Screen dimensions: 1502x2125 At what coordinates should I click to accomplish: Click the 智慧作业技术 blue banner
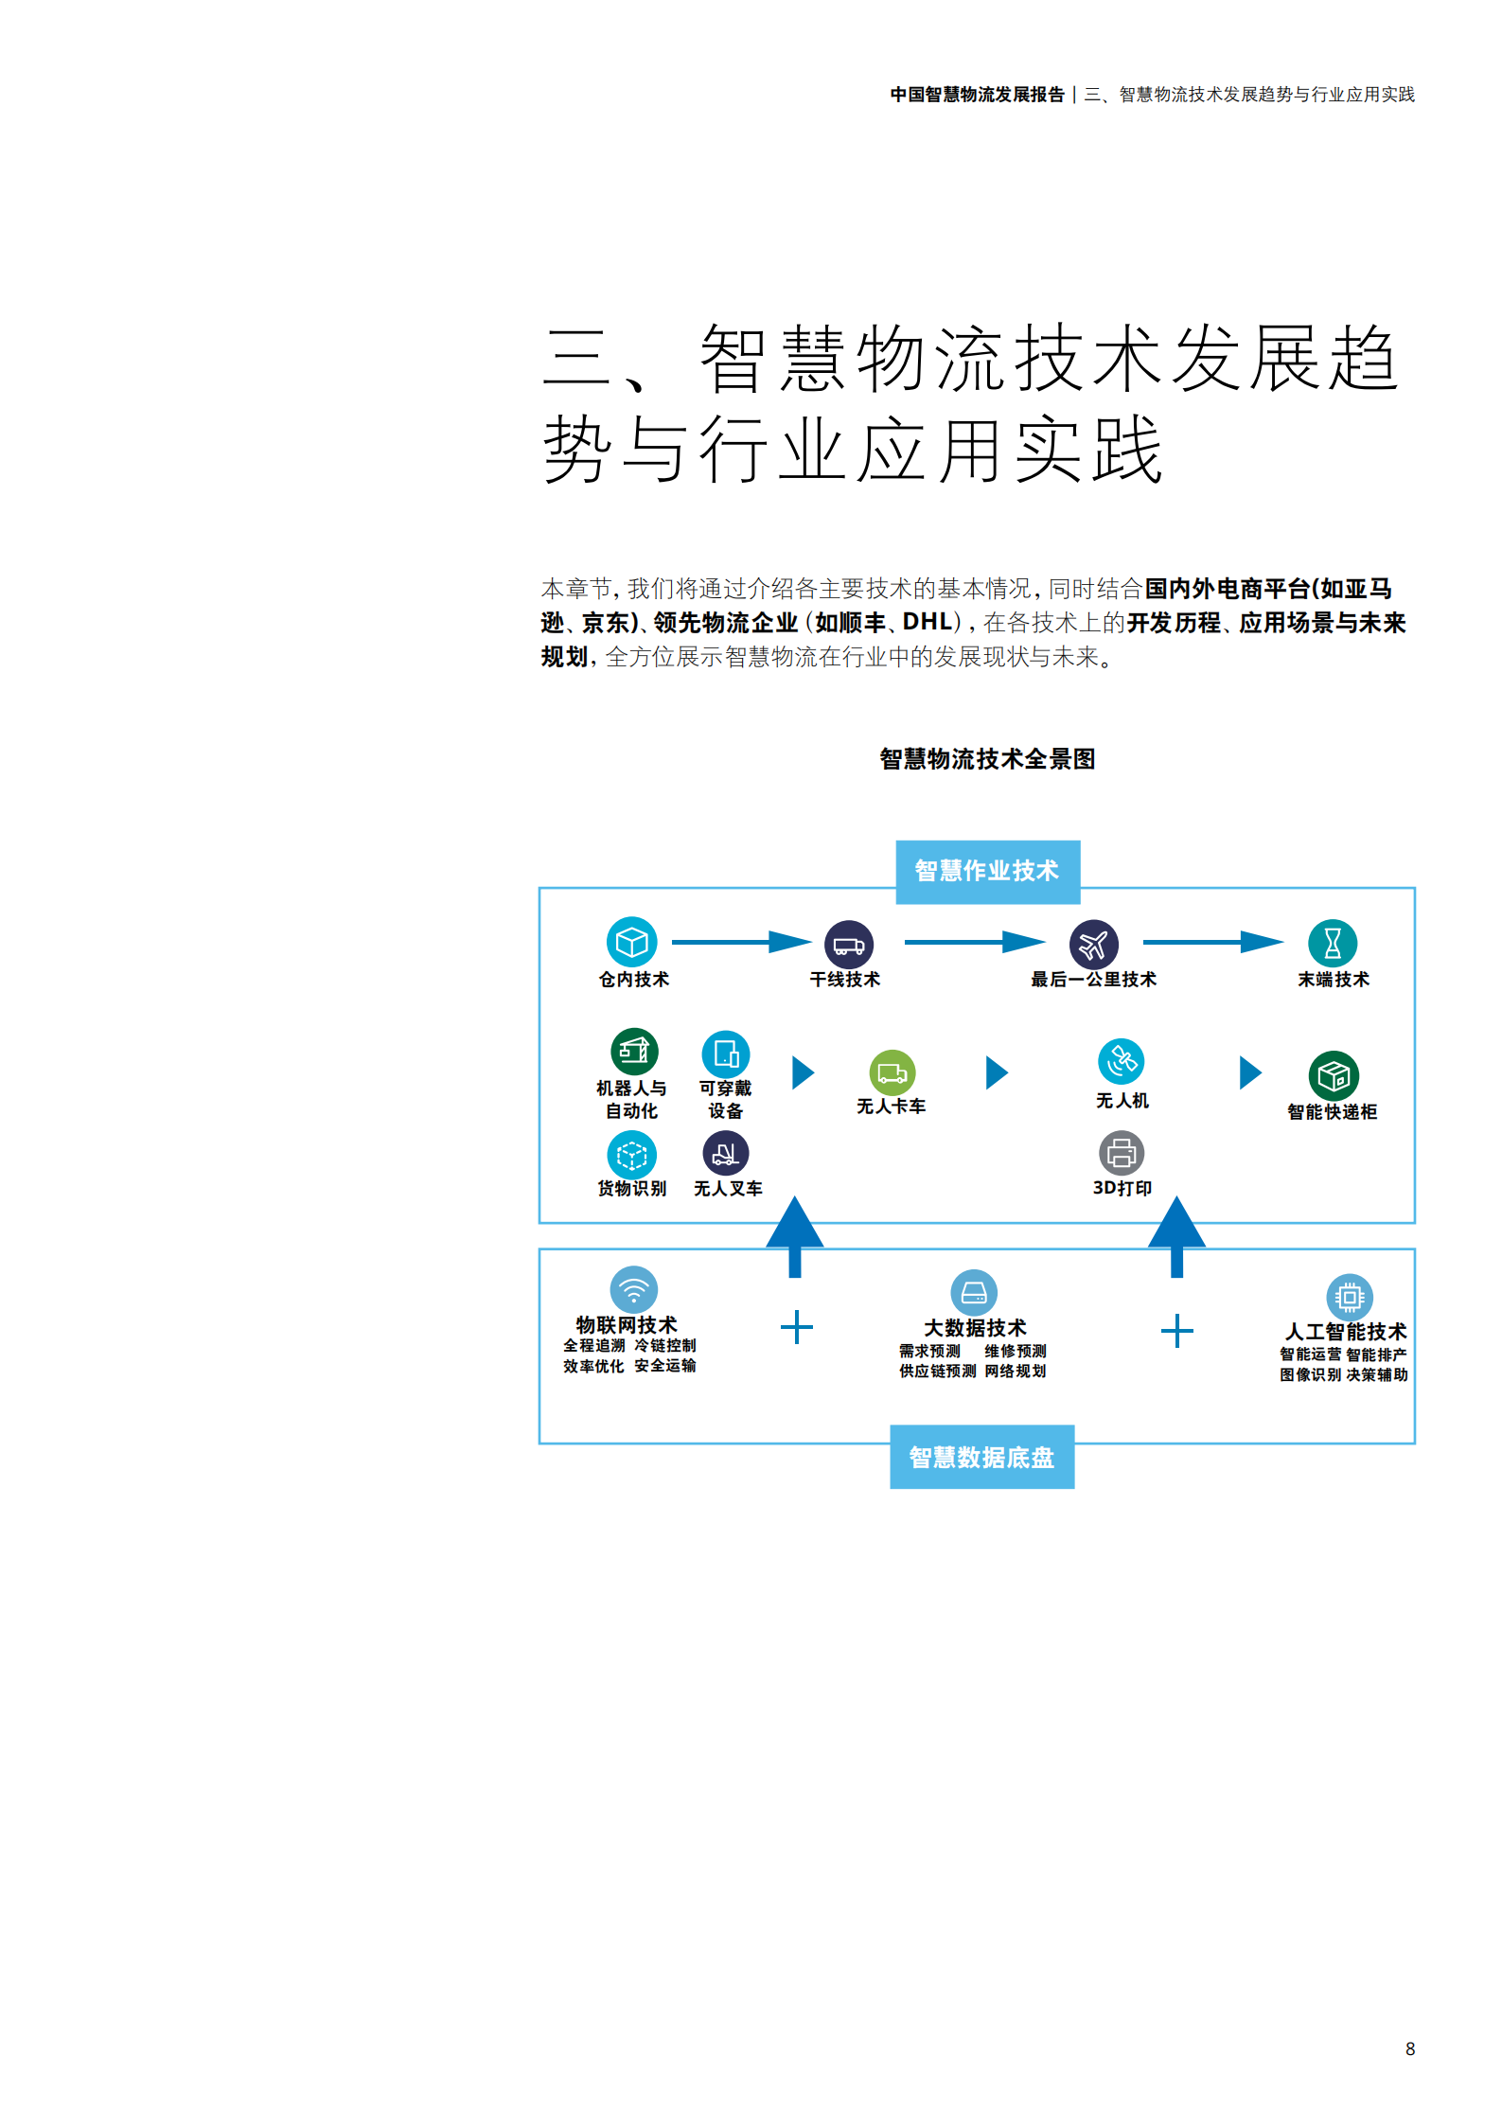[987, 871]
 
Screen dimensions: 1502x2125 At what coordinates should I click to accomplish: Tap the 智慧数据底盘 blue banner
[981, 1457]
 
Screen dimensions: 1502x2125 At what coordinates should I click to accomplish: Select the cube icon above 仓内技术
[631, 942]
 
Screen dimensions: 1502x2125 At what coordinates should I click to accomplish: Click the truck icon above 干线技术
[848, 944]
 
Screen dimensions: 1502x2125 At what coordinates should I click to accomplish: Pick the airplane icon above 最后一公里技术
[1093, 944]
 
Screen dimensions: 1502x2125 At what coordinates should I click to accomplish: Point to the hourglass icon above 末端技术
[1333, 943]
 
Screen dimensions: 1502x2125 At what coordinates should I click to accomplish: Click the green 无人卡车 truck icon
[892, 1072]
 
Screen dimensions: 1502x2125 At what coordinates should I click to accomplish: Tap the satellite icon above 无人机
[1122, 1061]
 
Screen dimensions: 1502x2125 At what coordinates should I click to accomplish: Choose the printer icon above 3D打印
[1122, 1153]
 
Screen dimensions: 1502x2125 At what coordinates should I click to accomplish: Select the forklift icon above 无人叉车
[726, 1153]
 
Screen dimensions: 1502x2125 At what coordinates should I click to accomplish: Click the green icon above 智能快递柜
[1334, 1076]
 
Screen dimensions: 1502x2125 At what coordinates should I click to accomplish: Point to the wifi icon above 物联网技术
[633, 1289]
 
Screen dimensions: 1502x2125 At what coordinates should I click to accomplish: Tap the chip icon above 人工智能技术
[1350, 1296]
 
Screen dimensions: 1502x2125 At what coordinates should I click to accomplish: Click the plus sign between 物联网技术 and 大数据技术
[797, 1327]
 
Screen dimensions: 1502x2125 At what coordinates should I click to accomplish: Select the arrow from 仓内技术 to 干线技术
[741, 942]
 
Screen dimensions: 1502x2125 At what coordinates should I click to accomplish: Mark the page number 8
[1410, 2048]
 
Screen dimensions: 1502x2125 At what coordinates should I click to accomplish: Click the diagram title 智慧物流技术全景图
[987, 759]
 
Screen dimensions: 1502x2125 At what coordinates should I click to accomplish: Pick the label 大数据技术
[975, 1328]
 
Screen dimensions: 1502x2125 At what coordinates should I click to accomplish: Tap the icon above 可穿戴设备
[726, 1054]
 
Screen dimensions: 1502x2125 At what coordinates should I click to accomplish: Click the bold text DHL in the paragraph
[927, 622]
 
